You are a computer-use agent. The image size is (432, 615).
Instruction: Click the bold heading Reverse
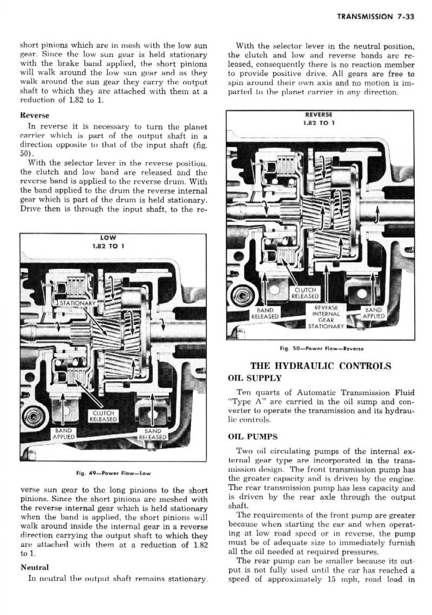(35, 116)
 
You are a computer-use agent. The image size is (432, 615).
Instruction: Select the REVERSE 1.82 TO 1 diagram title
(319, 118)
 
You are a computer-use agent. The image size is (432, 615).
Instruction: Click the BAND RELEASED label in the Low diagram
(154, 434)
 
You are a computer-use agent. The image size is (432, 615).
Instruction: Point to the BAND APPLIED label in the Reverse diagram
(373, 313)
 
